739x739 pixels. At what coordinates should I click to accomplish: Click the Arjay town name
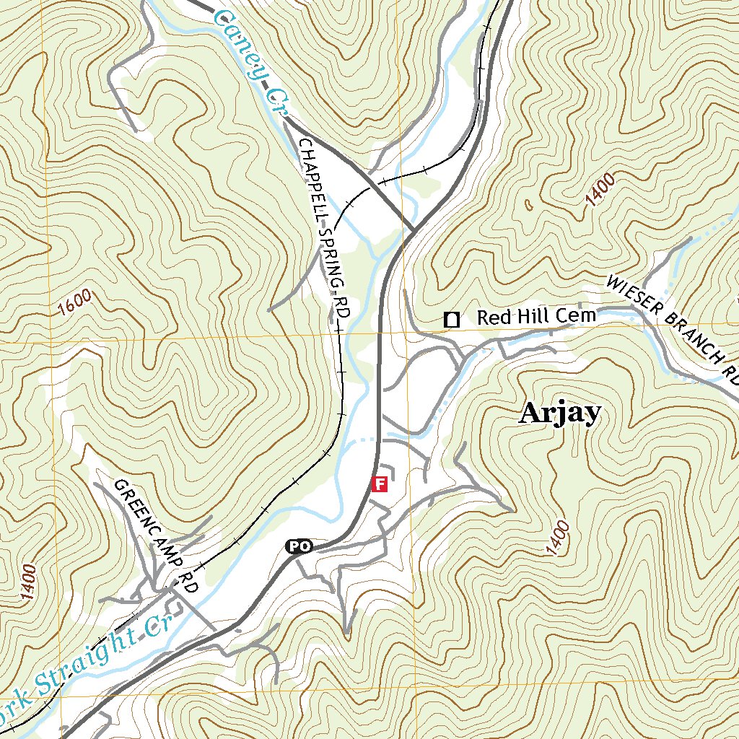560,413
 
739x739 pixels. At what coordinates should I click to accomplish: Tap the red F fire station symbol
380,484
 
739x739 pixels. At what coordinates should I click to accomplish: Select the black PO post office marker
299,546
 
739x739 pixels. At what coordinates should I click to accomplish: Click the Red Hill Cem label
536,317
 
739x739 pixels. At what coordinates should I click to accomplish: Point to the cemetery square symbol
452,319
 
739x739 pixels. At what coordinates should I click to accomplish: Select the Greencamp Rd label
156,535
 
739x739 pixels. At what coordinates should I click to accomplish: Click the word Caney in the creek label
237,39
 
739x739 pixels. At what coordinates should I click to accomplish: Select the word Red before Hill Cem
494,318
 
